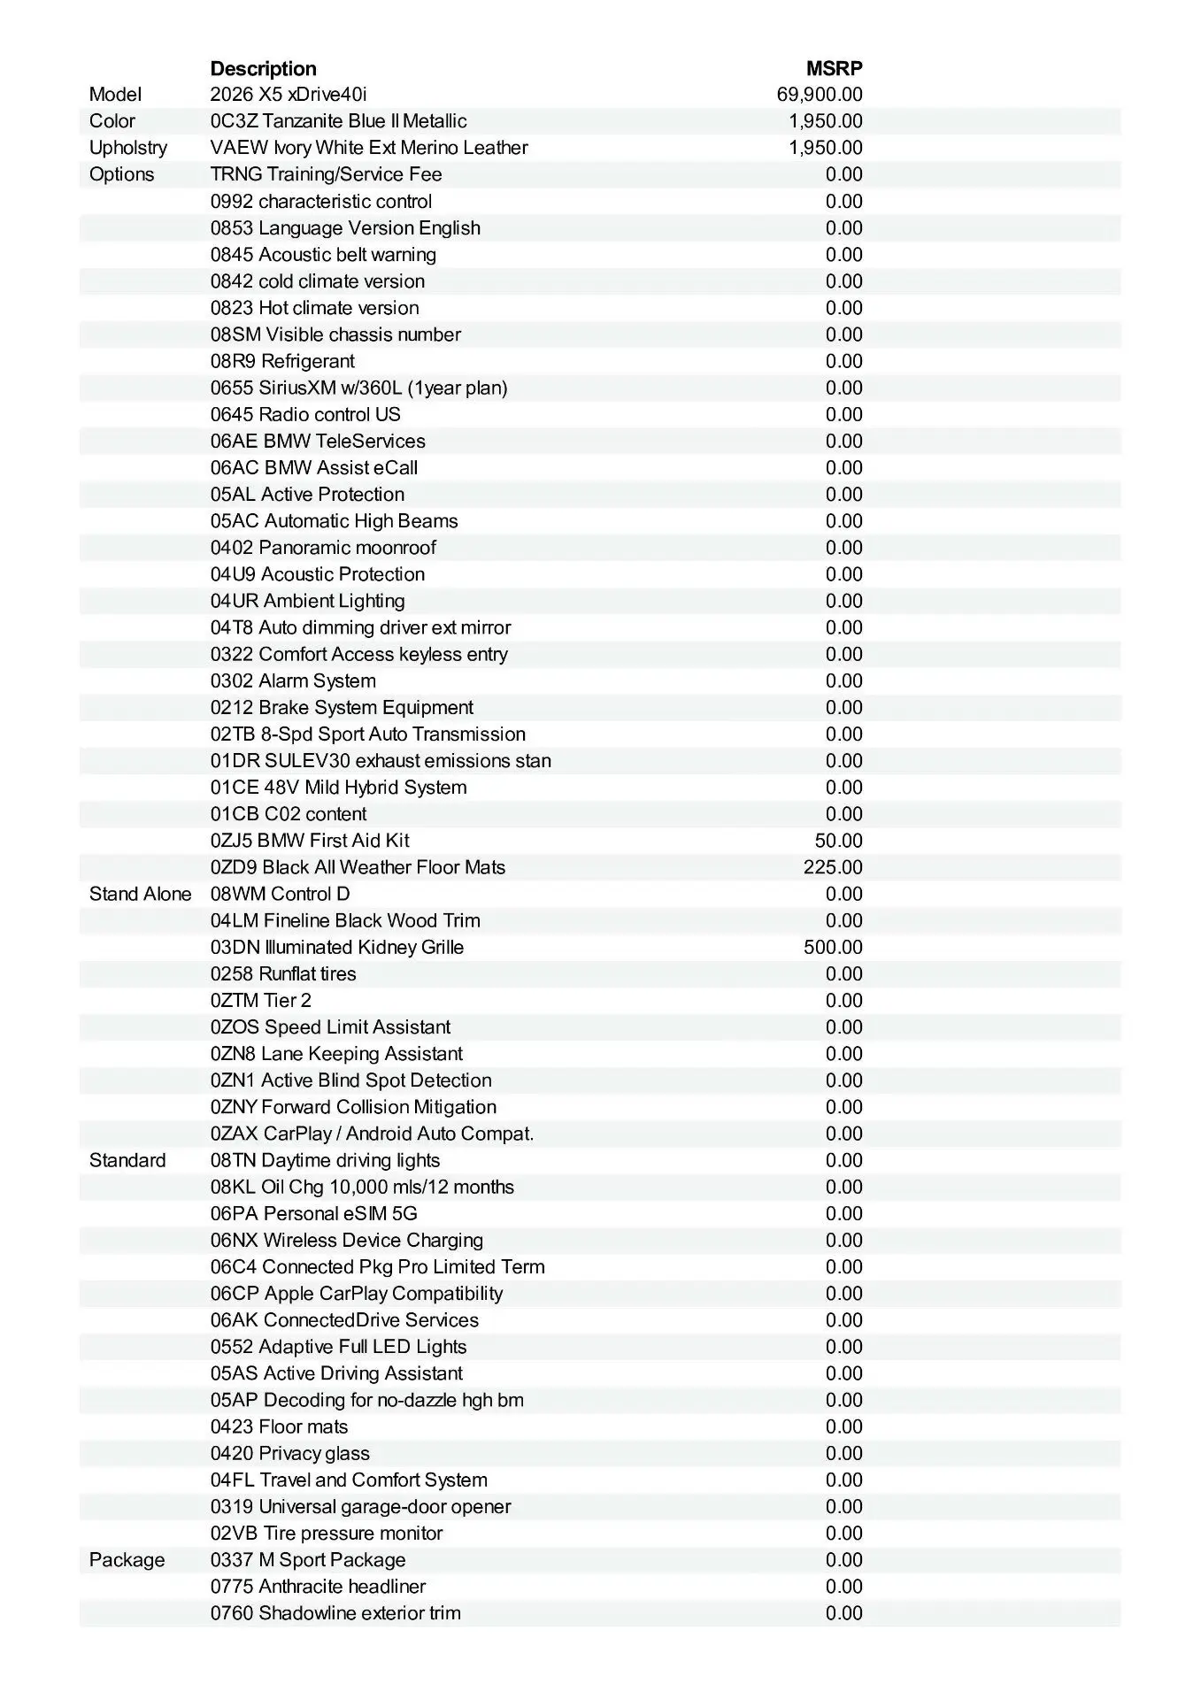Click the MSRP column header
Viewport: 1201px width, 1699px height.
click(x=834, y=68)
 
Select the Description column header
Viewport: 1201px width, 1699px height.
click(x=263, y=68)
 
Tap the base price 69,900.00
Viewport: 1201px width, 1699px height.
click(x=819, y=95)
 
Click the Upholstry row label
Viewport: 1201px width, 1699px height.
click(x=127, y=148)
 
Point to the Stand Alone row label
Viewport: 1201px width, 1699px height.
click(x=140, y=894)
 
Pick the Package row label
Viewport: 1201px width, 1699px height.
click(x=127, y=1560)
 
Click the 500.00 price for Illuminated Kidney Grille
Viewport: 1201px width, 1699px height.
click(x=832, y=947)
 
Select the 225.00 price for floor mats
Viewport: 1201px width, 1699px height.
click(x=832, y=867)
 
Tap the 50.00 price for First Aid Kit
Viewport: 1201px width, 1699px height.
click(x=837, y=841)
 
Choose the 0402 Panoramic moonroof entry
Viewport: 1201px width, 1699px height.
click(x=323, y=548)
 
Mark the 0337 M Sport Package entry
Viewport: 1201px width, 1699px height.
click(x=308, y=1560)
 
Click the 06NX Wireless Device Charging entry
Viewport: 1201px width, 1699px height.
click(x=347, y=1240)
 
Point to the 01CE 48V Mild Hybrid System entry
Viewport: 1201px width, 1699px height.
click(x=338, y=788)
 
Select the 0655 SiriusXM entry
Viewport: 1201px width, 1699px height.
click(x=358, y=388)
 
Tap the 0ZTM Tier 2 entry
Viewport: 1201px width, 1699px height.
click(x=260, y=1000)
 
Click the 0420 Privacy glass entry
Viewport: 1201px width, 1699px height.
click(x=289, y=1453)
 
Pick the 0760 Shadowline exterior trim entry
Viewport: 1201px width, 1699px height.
click(x=335, y=1613)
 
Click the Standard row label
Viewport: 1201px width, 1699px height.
click(x=127, y=1160)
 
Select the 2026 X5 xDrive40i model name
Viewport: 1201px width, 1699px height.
click(x=288, y=95)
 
